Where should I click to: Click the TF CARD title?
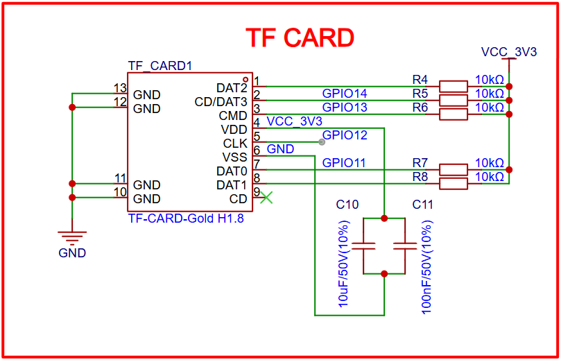(x=300, y=37)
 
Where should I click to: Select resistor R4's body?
(x=454, y=86)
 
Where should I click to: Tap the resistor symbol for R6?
(x=454, y=114)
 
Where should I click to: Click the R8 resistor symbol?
(x=454, y=183)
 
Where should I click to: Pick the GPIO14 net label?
(x=345, y=94)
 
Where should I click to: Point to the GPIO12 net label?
(x=345, y=135)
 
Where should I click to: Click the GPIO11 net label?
(x=345, y=163)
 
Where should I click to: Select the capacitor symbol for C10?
(x=363, y=246)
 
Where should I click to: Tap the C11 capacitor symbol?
(x=404, y=246)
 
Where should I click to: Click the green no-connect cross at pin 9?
(x=266, y=198)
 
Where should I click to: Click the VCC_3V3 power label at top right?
(x=509, y=52)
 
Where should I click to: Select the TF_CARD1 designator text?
(x=159, y=67)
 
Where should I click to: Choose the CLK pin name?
(x=235, y=144)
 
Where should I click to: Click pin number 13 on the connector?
(x=120, y=88)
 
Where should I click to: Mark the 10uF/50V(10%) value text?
(x=345, y=264)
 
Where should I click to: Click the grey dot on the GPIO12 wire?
(x=321, y=142)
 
